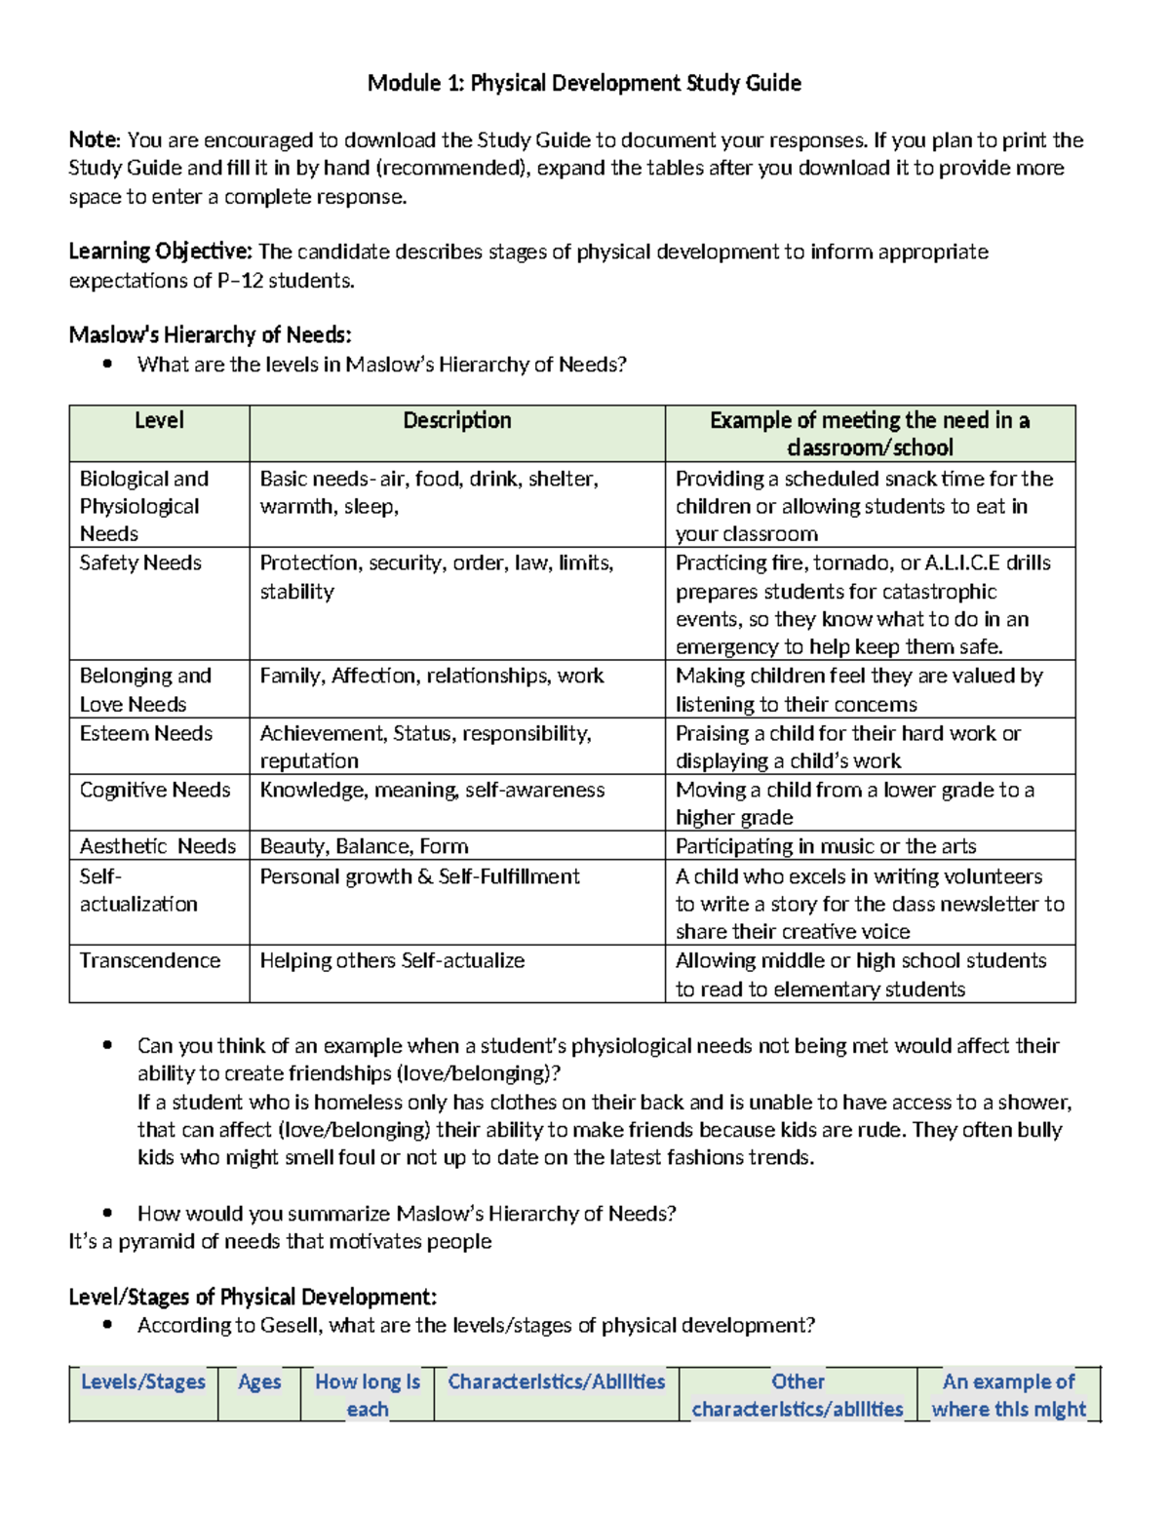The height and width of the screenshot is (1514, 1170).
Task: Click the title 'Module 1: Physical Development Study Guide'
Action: pyautogui.click(x=584, y=84)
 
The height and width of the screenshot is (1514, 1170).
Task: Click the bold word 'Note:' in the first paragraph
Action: pyautogui.click(x=95, y=140)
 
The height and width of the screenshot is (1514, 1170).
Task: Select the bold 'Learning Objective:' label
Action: pyautogui.click(x=160, y=252)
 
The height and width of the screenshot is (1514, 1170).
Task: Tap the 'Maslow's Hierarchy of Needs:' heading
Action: pyautogui.click(x=210, y=335)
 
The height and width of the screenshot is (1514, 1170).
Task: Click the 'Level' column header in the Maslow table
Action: pyautogui.click(x=159, y=421)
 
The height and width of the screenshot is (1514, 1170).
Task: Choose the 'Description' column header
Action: pyautogui.click(x=456, y=421)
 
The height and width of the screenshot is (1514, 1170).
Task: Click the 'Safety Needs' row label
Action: pyautogui.click(x=140, y=563)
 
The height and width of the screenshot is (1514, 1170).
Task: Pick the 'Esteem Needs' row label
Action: pyautogui.click(x=145, y=733)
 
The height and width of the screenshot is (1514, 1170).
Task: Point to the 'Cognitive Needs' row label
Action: pyautogui.click(x=154, y=790)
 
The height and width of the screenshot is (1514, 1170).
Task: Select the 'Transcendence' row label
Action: pyautogui.click(x=149, y=961)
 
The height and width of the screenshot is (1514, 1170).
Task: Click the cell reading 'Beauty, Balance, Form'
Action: pyautogui.click(x=364, y=846)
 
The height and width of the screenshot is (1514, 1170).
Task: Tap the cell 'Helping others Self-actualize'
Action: pyautogui.click(x=392, y=961)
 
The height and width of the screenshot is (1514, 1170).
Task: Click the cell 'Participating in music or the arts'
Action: pyautogui.click(x=825, y=846)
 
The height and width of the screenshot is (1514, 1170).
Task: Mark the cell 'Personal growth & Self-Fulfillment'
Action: pyautogui.click(x=419, y=876)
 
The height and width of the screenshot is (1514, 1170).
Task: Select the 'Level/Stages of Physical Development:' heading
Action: pyautogui.click(x=253, y=1298)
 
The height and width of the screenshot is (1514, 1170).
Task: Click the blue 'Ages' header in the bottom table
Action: pyautogui.click(x=259, y=1382)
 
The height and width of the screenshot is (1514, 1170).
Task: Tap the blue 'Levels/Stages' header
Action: pyautogui.click(x=143, y=1382)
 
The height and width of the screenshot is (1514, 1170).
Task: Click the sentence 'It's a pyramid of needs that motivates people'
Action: pyautogui.click(x=280, y=1242)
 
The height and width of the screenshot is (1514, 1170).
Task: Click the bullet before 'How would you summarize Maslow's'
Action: pyautogui.click(x=108, y=1214)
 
